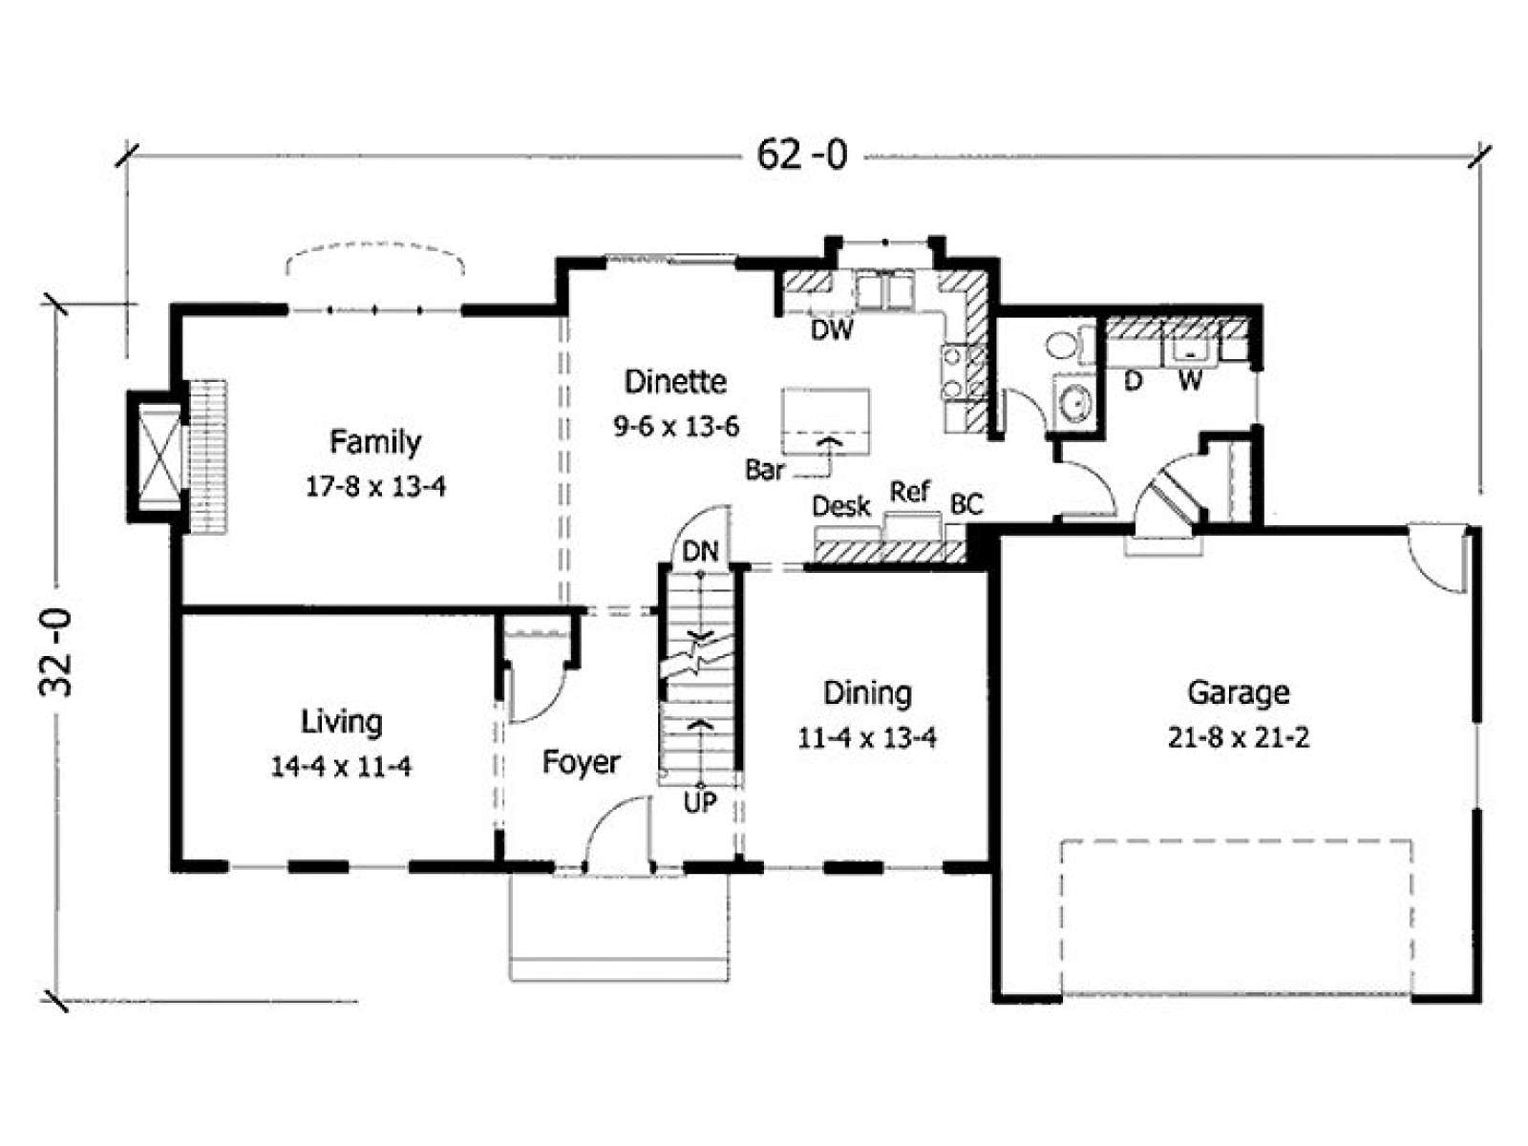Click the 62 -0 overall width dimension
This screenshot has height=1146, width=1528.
coord(802,155)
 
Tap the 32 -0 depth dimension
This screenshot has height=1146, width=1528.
coord(56,652)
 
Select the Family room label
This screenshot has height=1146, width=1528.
coord(375,442)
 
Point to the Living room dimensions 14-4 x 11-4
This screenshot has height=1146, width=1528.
coord(341,766)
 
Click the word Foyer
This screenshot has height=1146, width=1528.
coord(582,763)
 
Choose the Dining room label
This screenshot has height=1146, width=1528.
coord(867,693)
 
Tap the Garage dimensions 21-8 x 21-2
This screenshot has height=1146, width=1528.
coord(1239,737)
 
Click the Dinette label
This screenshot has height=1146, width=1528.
coord(675,382)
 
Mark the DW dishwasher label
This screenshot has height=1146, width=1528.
coord(832,329)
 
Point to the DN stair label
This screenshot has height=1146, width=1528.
coord(700,552)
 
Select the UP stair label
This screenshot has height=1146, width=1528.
coord(700,803)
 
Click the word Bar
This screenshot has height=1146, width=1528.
coord(764,470)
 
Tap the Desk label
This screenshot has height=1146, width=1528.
coord(841,506)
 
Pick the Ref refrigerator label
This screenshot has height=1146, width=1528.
coord(910,492)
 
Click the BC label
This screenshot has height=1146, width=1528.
coord(966,504)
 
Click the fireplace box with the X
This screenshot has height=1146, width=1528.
coord(160,456)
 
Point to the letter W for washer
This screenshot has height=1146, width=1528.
coord(1190,381)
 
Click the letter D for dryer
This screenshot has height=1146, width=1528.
coord(1134,381)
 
